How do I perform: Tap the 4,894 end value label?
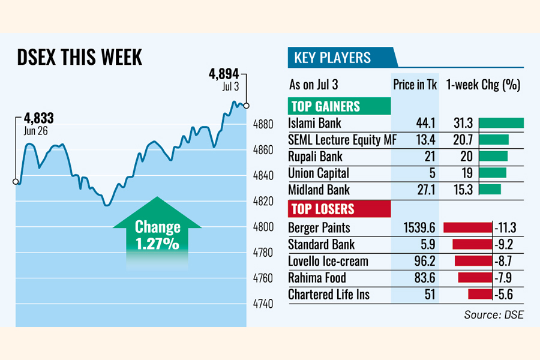pyautogui.click(x=224, y=74)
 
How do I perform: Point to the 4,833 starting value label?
pyautogui.click(x=37, y=118)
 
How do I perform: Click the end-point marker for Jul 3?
pyautogui.click(x=247, y=106)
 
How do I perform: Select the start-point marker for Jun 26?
pyautogui.click(x=16, y=182)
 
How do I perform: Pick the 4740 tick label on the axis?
pyautogui.click(x=262, y=304)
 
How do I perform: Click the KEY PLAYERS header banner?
pyautogui.click(x=332, y=58)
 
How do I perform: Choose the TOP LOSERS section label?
pyautogui.click(x=322, y=209)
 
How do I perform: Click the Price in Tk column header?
pyautogui.click(x=415, y=85)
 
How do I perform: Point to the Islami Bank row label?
pyautogui.click(x=314, y=124)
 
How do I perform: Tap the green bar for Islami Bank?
pyautogui.click(x=502, y=124)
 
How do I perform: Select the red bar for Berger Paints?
pyautogui.click(x=467, y=228)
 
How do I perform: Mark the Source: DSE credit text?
pyautogui.click(x=493, y=314)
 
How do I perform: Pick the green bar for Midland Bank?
pyautogui.click(x=490, y=190)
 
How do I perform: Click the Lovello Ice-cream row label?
pyautogui.click(x=328, y=262)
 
